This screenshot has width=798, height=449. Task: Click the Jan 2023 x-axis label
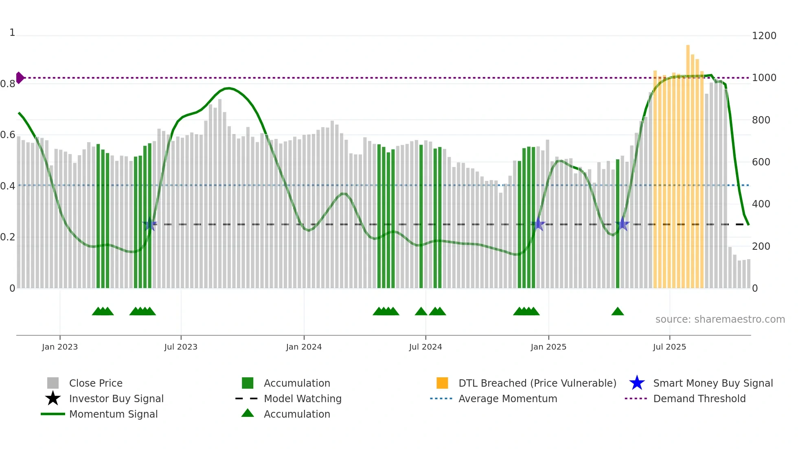tap(60, 347)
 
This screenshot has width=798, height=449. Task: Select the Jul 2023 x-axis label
tap(181, 347)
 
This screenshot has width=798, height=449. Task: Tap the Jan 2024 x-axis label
tap(304, 347)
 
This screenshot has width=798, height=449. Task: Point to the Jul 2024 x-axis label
tap(425, 347)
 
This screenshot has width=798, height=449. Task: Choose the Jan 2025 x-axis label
tap(548, 347)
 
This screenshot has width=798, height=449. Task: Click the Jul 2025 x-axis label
tap(669, 347)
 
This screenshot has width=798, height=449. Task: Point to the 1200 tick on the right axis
tap(764, 36)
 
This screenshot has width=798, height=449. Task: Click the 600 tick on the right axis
tap(761, 162)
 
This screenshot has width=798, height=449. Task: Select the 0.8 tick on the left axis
tap(8, 84)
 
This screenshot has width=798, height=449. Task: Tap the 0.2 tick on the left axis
tap(8, 237)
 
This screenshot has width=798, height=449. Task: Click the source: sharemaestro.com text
tap(720, 319)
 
